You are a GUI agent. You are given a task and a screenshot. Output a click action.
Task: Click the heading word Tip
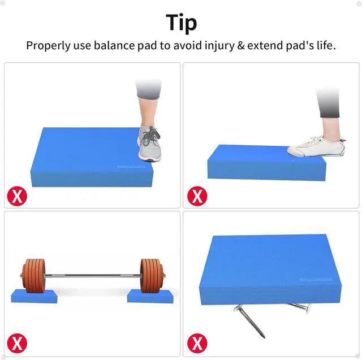click(x=181, y=23)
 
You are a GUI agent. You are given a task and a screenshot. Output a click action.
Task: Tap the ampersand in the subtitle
click(x=240, y=46)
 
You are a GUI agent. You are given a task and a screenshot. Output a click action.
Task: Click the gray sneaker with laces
click(x=149, y=144)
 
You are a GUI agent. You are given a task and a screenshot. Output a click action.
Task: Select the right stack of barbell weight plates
click(x=151, y=276)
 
